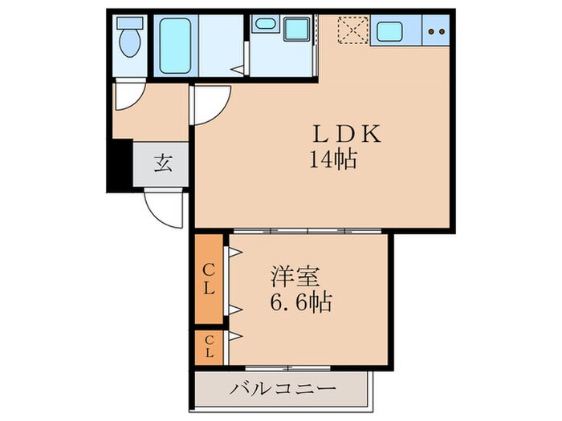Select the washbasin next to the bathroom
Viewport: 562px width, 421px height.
pos(263,26)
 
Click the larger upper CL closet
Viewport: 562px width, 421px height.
pos(208,277)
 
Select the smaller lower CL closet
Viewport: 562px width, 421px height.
pos(208,347)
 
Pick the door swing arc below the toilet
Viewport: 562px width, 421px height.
pos(126,97)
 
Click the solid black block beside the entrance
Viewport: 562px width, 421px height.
pos(119,164)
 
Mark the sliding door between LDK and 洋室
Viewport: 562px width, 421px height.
pos(309,231)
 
